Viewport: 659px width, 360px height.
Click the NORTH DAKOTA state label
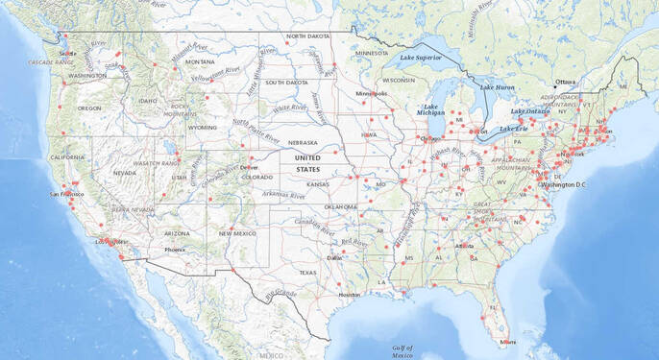pos(307,36)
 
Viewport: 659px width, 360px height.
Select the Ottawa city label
pos(565,82)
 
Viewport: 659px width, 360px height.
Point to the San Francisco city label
pos(66,195)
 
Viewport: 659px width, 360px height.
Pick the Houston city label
pos(349,295)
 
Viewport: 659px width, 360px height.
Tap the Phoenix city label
pos(174,250)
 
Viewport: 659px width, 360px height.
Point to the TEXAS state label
pos(307,273)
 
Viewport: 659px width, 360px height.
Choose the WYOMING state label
pos(203,127)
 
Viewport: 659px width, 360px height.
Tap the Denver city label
pos(250,167)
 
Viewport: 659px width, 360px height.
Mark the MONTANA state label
pos(200,62)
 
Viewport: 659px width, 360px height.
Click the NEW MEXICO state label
pos(236,233)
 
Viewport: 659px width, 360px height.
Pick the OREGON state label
pos(89,108)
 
